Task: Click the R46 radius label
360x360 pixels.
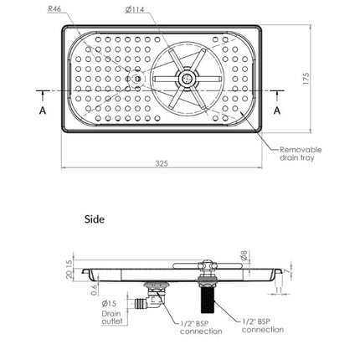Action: coord(54,8)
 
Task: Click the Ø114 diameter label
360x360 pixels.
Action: coord(135,9)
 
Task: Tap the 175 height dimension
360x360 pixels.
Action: coord(306,79)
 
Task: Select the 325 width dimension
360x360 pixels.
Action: coord(162,163)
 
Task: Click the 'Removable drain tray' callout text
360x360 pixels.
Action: coord(301,153)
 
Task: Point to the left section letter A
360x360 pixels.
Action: coord(43,111)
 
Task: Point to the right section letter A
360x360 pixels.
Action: coord(277,111)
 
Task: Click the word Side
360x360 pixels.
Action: coord(95,219)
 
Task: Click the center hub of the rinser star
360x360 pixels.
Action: coord(187,79)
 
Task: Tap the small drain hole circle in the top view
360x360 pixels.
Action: coord(137,80)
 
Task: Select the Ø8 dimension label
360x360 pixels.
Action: coord(244,255)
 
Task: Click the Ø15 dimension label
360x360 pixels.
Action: coord(109,303)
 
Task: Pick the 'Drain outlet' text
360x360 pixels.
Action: coord(112,317)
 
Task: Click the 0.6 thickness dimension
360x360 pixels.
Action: coord(95,290)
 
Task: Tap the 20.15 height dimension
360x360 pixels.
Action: coord(69,270)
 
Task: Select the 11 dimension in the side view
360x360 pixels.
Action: coord(279,290)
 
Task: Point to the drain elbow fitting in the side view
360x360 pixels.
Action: coord(153,301)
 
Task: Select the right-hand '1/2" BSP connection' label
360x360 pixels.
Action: coord(263,326)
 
